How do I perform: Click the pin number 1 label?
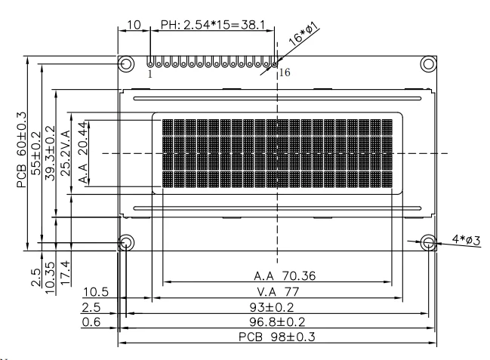150,74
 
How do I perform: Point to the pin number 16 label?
285,72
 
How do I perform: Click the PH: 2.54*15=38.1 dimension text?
213,25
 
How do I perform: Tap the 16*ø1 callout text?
303,35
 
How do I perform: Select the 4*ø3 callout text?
466,240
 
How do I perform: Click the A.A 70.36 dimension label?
285,276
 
